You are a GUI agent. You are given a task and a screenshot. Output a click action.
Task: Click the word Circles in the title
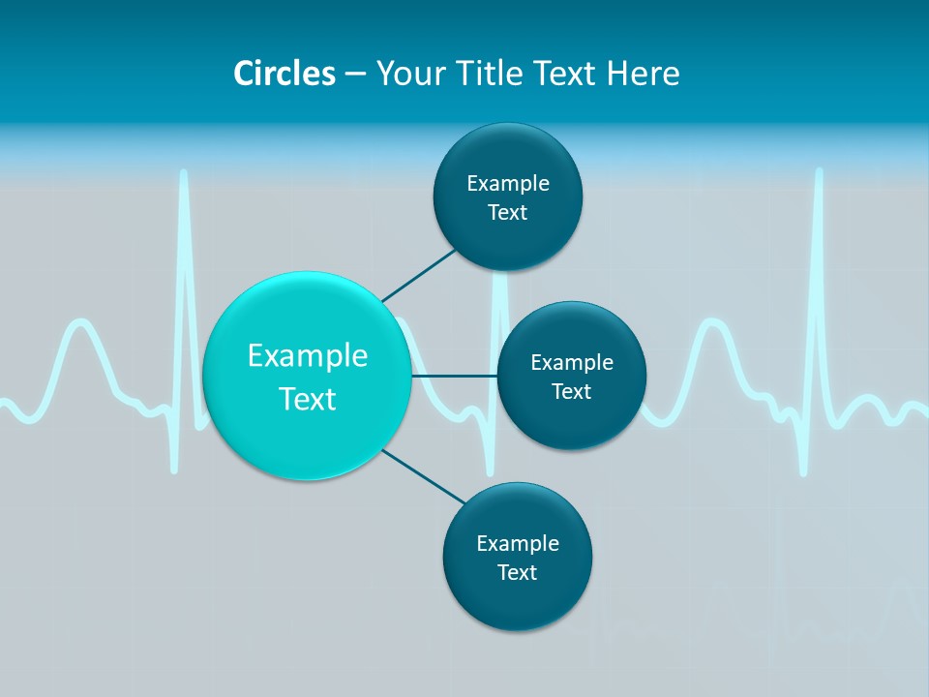pos(284,73)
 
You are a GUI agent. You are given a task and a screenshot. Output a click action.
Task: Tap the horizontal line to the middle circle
pos(455,376)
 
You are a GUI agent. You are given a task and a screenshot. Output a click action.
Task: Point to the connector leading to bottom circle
pos(424,475)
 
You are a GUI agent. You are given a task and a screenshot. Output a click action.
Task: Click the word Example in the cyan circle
pos(308,355)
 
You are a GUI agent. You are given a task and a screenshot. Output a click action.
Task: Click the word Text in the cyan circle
pos(308,399)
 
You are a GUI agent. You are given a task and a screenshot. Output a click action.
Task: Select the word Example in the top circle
pos(507,183)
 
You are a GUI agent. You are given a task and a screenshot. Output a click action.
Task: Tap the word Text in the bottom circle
pos(517,572)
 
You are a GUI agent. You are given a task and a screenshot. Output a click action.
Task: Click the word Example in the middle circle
pos(571,362)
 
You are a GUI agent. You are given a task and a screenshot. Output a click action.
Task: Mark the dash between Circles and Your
pos(355,75)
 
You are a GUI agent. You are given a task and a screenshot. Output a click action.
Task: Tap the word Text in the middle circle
pos(571,391)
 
